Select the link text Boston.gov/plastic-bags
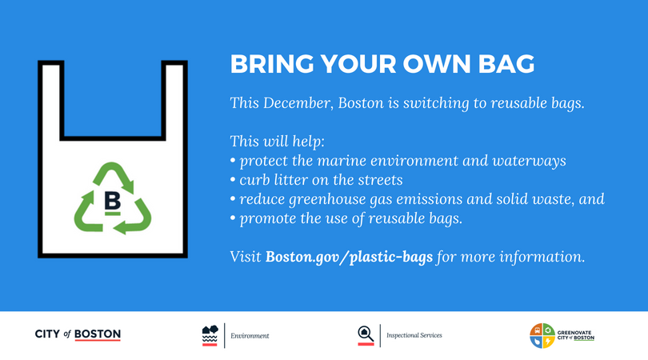(349, 257)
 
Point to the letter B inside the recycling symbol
(112, 202)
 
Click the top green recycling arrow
(114, 176)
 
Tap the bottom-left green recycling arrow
(87, 213)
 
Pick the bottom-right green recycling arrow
(134, 218)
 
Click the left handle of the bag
(51, 100)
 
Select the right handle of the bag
(174, 100)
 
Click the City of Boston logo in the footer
(78, 334)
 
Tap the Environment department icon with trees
(210, 335)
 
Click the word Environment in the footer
(250, 336)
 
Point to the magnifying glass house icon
(366, 335)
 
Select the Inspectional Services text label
(414, 335)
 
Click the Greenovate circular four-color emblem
(542, 336)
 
